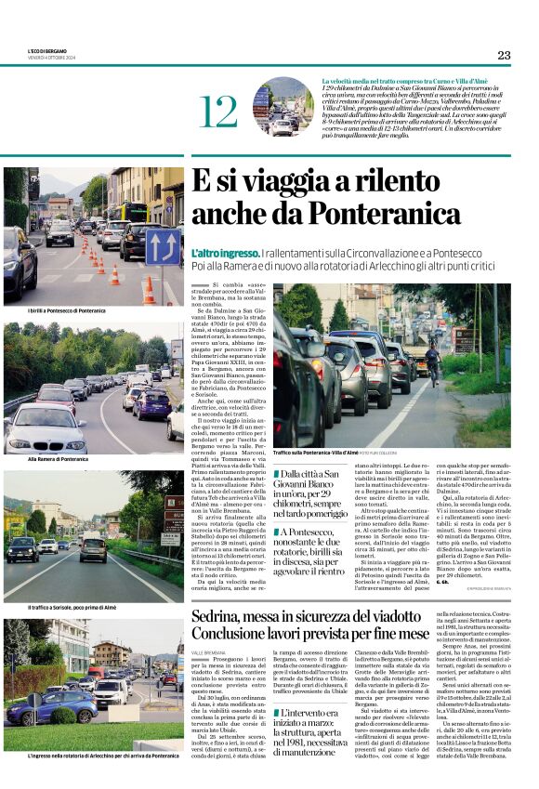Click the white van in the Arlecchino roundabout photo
[111, 690]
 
